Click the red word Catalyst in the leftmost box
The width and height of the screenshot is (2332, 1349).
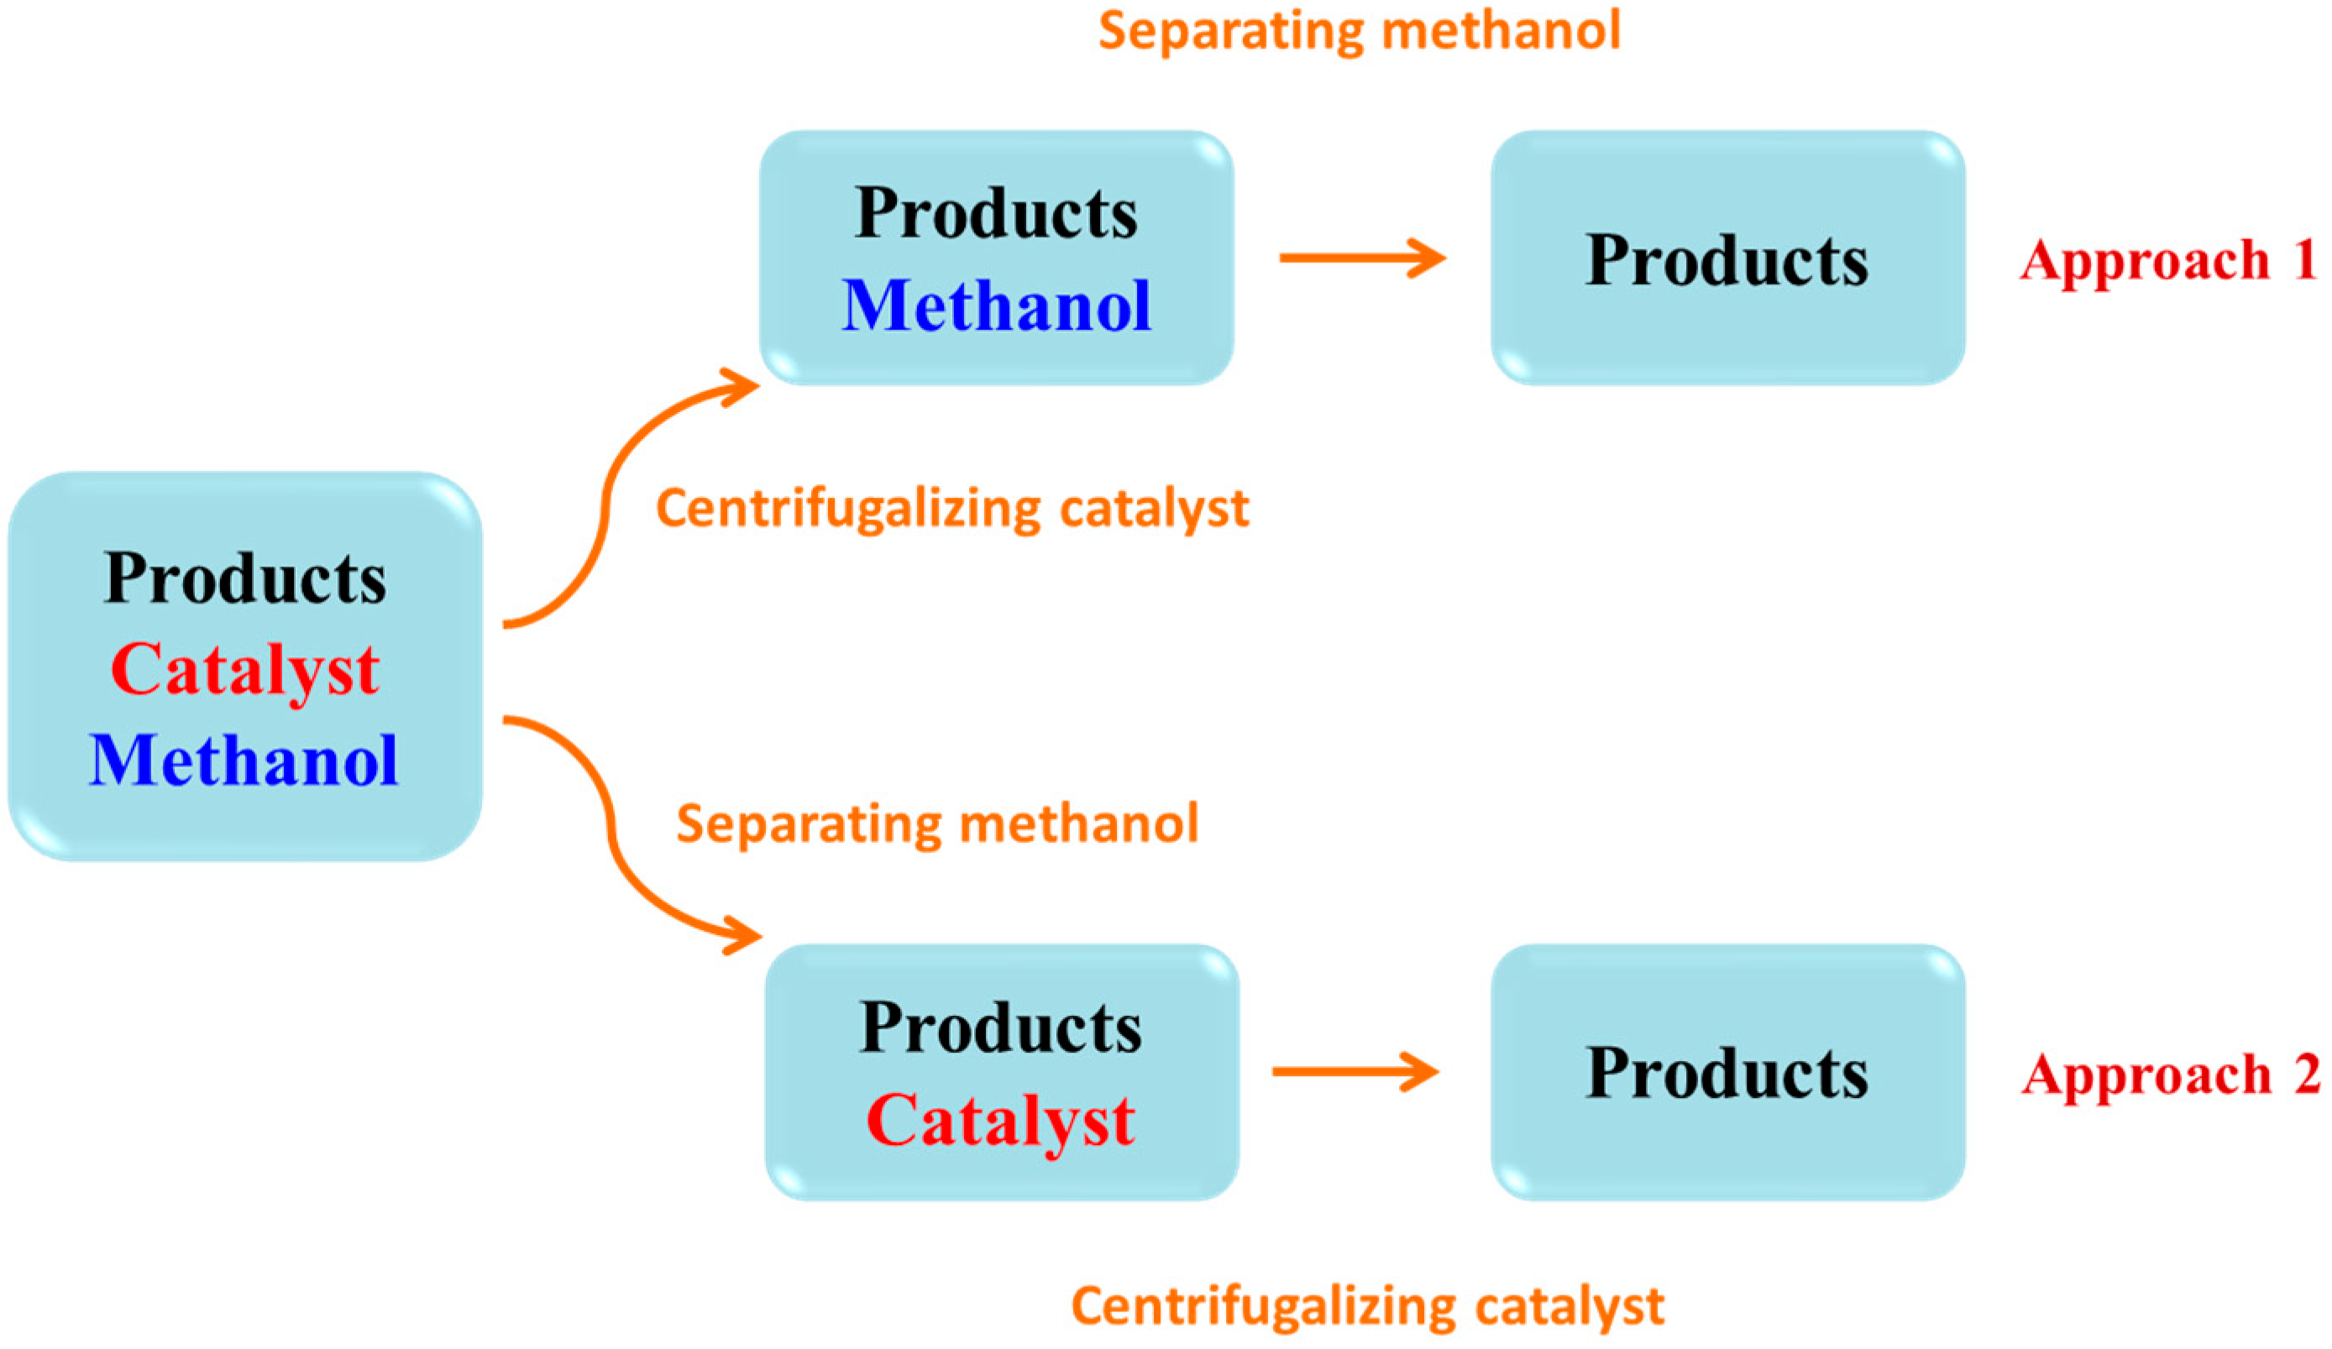[x=244, y=670]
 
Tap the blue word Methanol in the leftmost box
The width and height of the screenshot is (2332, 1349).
[x=244, y=761]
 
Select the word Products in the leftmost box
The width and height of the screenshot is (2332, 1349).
[x=244, y=579]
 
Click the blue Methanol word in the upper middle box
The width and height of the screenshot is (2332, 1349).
[x=997, y=306]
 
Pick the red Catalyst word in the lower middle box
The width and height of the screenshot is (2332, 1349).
[x=1000, y=1121]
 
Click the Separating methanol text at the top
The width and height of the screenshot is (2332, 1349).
[x=1359, y=30]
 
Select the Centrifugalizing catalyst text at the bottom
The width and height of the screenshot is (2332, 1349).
[x=1367, y=1305]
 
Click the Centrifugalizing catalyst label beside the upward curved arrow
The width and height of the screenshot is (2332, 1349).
[x=952, y=509]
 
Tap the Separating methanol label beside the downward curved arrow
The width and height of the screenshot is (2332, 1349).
[x=936, y=824]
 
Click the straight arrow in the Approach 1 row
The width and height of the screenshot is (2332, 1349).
[x=1361, y=259]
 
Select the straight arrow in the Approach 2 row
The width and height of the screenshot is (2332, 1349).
[x=1355, y=1071]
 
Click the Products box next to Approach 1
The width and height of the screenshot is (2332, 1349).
[x=1727, y=259]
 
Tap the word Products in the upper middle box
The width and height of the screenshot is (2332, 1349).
[x=996, y=214]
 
